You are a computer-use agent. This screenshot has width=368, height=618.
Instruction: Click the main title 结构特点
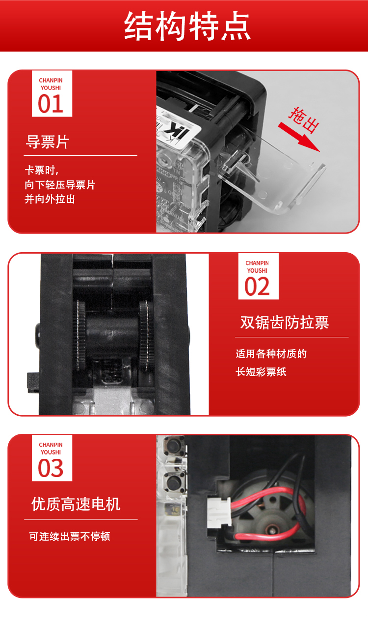coord(187,26)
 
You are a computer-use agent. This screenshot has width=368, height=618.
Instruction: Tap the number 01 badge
coord(52,94)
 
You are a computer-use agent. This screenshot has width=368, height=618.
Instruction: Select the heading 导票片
coord(47,142)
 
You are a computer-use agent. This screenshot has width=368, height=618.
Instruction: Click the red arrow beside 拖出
coord(299,137)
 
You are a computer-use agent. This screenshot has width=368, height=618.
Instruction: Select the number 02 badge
coord(258,276)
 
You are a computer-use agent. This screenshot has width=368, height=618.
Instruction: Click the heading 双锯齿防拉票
coord(285,322)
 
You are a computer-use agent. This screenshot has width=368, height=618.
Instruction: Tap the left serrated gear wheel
coord(79,335)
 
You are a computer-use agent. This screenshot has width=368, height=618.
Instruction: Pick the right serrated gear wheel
coord(145,335)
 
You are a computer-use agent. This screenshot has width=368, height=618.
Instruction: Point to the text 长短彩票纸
coord(261,372)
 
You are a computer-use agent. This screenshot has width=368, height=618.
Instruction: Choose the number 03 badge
coord(52,458)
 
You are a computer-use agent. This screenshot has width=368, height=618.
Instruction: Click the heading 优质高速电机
coord(76,504)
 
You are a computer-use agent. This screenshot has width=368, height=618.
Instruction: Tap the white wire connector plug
coord(219,513)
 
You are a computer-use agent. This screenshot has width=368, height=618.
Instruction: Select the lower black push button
coord(174,482)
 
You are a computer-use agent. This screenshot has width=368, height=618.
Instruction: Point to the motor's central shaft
coord(272,529)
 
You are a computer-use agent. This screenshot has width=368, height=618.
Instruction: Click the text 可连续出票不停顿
coord(70,536)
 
